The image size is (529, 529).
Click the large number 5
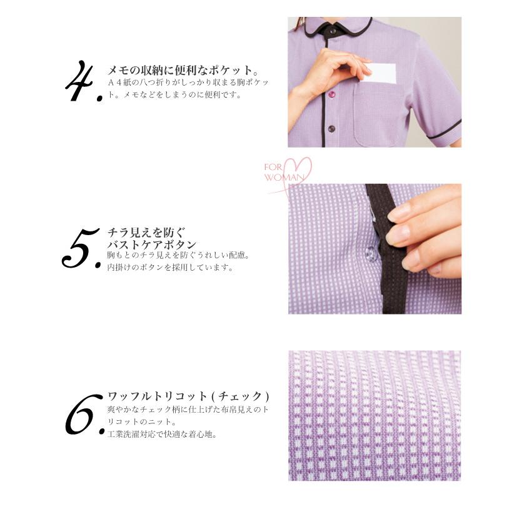[x=80, y=249]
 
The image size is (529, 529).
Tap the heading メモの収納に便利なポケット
[x=183, y=69]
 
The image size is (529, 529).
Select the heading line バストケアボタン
[x=152, y=244]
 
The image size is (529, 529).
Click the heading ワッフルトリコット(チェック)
[x=188, y=396]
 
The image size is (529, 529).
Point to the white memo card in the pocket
[x=380, y=74]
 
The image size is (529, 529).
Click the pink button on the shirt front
[x=331, y=94]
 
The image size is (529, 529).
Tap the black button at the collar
[x=331, y=29]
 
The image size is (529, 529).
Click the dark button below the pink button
[x=331, y=129]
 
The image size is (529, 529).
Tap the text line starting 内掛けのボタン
[x=170, y=268]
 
